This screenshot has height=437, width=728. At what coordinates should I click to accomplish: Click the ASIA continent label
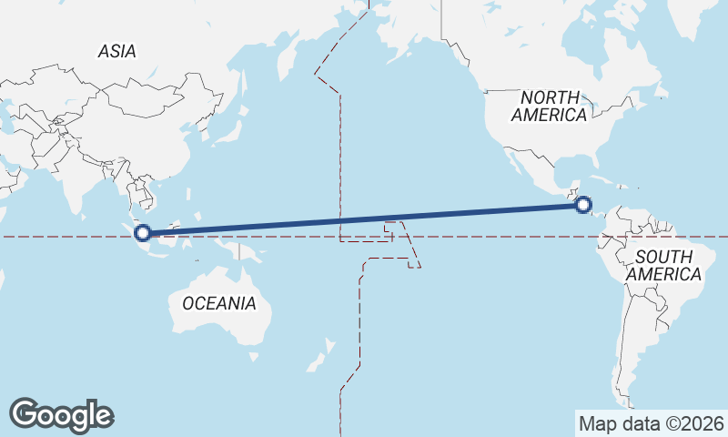point(117,52)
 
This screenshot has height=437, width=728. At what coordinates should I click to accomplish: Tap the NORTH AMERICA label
point(549,106)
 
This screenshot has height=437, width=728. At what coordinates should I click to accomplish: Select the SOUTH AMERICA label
point(664,265)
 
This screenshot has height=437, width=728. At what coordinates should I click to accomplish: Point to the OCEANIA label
point(219,303)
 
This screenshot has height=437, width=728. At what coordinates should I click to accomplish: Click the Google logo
point(61,415)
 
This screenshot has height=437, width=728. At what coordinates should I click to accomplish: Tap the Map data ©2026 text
point(651,423)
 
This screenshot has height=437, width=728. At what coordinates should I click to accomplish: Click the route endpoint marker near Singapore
point(143,233)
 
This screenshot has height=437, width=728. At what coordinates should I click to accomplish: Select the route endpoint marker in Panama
point(584,205)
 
